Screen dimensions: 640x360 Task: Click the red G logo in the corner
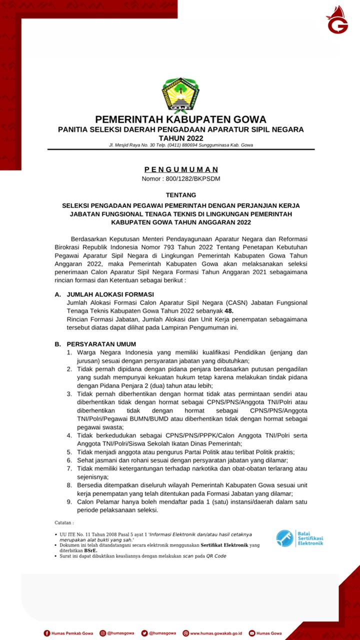pos(337,20)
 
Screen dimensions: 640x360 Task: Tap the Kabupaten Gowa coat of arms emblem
pos(180,95)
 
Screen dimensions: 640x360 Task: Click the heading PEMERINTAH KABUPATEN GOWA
pos(180,119)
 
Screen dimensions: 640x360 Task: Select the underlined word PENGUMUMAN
pos(181,169)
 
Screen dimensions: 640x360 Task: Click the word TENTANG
pos(180,194)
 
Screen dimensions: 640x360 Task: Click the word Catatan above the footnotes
pos(64,522)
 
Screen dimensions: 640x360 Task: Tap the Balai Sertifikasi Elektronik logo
pos(299,538)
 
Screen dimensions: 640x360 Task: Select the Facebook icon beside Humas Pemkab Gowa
pos(47,633)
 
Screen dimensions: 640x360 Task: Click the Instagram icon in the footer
pos(102,633)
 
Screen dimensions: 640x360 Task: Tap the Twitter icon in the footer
pos(144,633)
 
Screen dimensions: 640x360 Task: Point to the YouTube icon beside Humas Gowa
pos(251,633)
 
